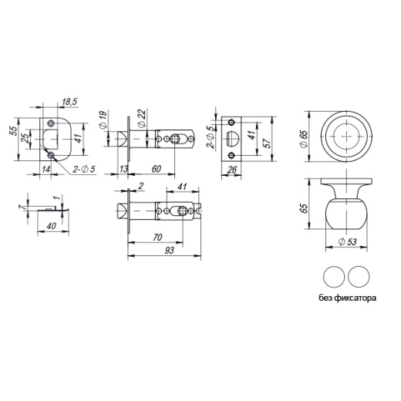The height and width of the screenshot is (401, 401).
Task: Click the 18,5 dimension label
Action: point(69,102)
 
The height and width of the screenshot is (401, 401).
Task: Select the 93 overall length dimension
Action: point(170,250)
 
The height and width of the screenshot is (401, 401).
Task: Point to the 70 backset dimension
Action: point(157,237)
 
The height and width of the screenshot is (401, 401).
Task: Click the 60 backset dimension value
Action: point(157,169)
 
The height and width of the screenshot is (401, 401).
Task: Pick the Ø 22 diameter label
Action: point(142,118)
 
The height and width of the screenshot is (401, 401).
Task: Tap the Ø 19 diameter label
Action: point(103,119)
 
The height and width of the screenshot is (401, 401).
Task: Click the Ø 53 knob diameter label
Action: point(347,242)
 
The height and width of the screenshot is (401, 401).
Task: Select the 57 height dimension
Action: point(267,143)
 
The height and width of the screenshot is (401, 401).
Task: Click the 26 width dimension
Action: point(232,170)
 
